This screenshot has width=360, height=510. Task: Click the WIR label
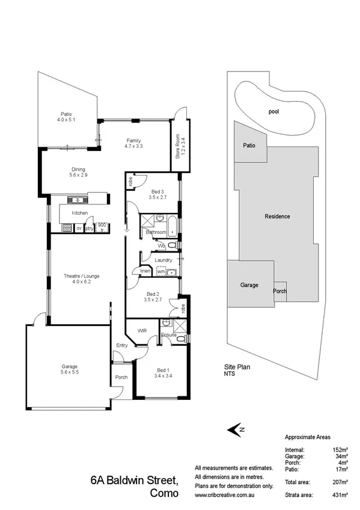tap(142, 331)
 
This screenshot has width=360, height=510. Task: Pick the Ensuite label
tap(168, 334)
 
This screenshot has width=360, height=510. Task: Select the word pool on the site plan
tap(274, 111)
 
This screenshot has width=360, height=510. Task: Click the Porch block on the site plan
tap(280, 291)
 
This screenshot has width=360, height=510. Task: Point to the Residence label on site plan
tap(277, 217)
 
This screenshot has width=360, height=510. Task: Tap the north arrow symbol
tap(234, 429)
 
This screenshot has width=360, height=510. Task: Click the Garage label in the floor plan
tap(70, 366)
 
